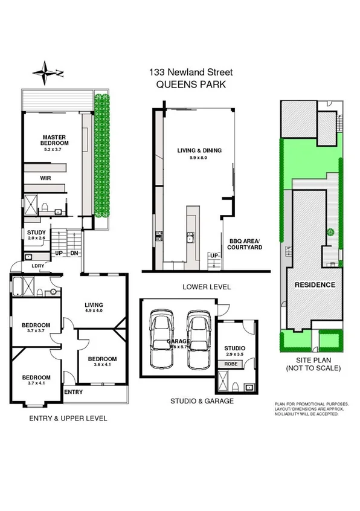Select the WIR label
45,179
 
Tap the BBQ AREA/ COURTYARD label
245,243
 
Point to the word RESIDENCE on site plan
315,284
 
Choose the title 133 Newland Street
191,72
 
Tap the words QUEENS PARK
191,85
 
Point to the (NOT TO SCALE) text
313,368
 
